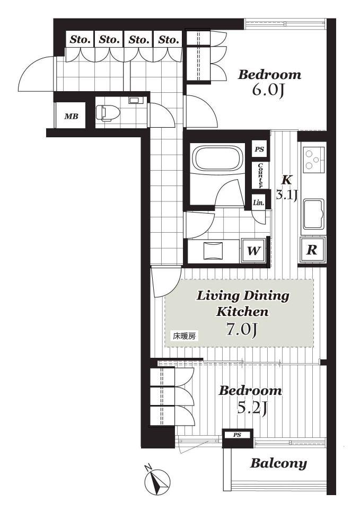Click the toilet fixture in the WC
click(x=108, y=113)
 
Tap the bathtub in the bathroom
click(x=218, y=158)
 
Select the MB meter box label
click(x=71, y=116)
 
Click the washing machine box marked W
click(x=253, y=251)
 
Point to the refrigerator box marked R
click(x=313, y=250)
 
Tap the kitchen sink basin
click(x=314, y=215)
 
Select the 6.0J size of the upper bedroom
click(x=267, y=90)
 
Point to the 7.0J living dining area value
click(x=242, y=330)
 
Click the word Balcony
click(x=278, y=464)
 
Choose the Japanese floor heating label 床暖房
click(x=184, y=336)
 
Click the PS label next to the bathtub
click(x=260, y=149)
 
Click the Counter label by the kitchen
click(x=260, y=175)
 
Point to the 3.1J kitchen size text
click(x=287, y=195)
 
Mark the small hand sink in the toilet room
click(x=134, y=100)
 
